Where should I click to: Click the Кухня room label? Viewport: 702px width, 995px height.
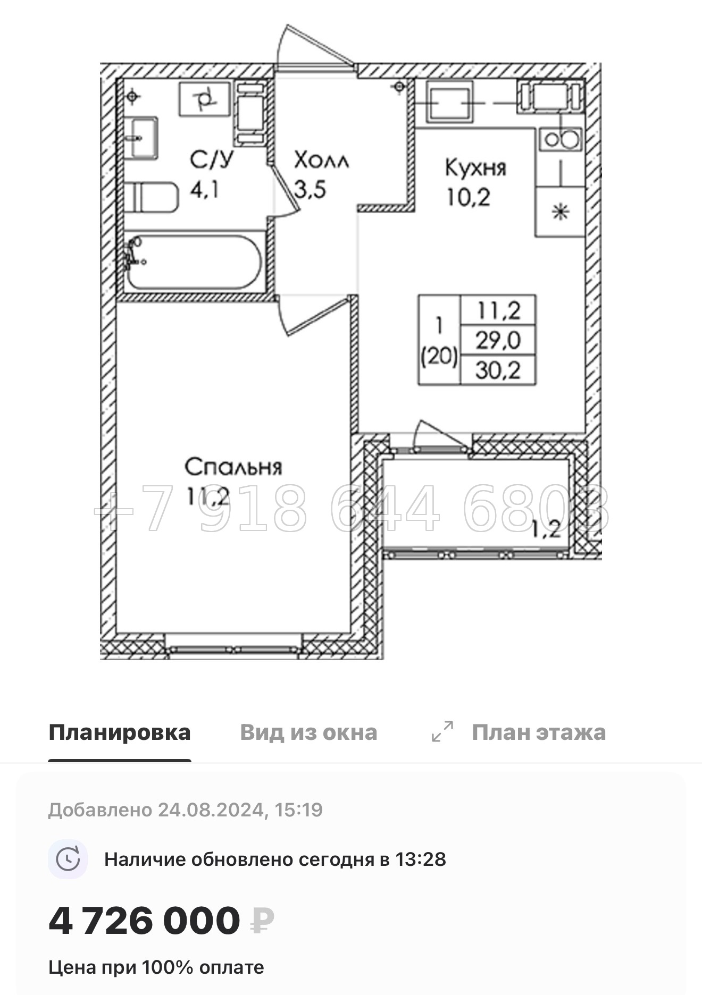[475, 168]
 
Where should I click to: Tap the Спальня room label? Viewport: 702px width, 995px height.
[233, 467]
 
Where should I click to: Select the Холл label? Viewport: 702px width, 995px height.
[321, 160]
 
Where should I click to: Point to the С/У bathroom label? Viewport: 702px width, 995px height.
[212, 159]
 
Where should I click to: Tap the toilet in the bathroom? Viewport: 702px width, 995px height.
[154, 197]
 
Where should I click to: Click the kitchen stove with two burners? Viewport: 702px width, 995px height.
[561, 140]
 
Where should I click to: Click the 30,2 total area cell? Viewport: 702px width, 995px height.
[498, 370]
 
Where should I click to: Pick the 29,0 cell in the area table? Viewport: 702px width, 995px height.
[498, 340]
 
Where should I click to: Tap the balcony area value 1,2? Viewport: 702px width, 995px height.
[546, 529]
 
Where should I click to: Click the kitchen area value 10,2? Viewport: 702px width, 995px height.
[468, 198]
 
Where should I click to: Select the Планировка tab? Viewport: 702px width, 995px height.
[120, 732]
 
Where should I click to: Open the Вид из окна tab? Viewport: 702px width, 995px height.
[308, 732]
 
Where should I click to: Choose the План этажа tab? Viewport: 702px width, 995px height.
[539, 732]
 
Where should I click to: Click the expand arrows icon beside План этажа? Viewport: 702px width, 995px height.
[442, 731]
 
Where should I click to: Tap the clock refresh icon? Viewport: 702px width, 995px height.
[68, 859]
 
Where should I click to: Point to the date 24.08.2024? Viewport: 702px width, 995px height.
[211, 810]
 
